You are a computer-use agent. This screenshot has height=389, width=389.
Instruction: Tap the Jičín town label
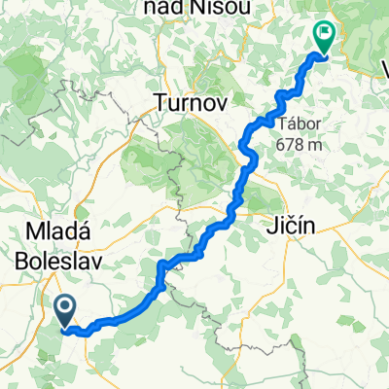click(x=290, y=230)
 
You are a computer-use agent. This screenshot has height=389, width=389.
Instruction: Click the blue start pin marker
click(x=65, y=311)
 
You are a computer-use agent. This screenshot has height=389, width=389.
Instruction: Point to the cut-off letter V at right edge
click(x=382, y=68)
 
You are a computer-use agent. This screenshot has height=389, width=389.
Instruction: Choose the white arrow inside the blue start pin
click(x=65, y=309)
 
